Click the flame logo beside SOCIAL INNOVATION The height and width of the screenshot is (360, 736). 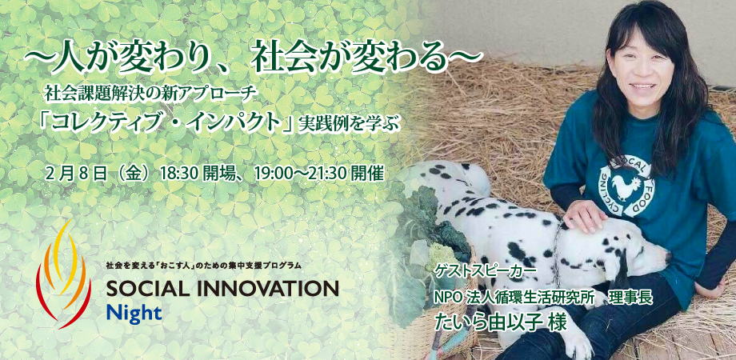(63, 274)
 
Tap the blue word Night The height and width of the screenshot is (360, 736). (134, 313)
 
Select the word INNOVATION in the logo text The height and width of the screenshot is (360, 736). (267, 288)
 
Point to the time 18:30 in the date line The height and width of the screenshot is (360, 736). (180, 174)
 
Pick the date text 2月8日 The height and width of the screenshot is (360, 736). (76, 174)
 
